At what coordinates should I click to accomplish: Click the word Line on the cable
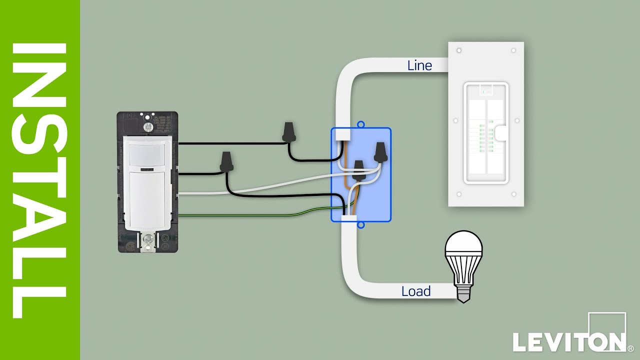tap(419, 65)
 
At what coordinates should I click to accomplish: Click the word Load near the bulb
tap(416, 291)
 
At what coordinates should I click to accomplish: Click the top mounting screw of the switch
tap(147, 127)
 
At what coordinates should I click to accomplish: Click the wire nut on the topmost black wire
tap(288, 132)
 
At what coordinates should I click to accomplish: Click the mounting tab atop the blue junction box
tap(361, 124)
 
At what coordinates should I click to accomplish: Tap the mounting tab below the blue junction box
tap(361, 225)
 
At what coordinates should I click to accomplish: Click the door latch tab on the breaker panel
tap(501, 132)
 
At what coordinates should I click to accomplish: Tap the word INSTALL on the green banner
tap(40, 180)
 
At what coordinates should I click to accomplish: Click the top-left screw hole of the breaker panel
tap(459, 51)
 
